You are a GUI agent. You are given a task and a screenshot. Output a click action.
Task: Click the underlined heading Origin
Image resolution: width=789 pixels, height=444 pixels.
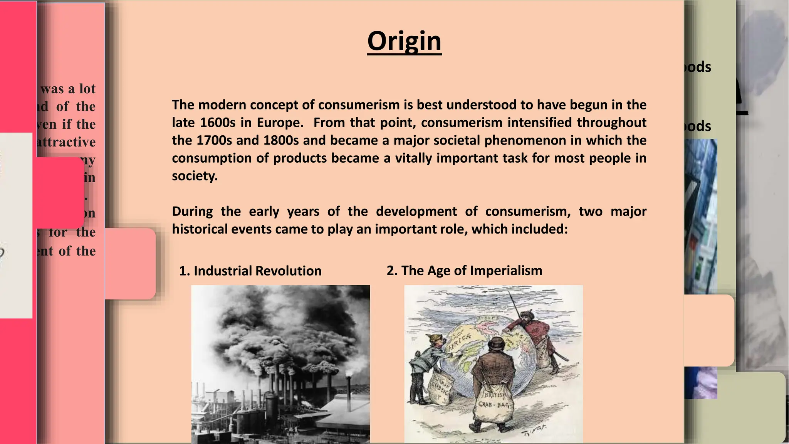tap(404, 41)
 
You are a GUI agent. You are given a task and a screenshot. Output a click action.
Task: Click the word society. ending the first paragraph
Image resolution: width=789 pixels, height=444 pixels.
tap(195, 176)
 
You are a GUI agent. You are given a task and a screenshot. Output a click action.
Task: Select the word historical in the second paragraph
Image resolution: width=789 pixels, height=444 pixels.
tap(195, 229)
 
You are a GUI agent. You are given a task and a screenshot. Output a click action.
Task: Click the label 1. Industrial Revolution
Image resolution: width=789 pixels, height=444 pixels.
tap(250, 271)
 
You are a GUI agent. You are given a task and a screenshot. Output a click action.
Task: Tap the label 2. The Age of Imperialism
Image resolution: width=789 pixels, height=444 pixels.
tap(464, 271)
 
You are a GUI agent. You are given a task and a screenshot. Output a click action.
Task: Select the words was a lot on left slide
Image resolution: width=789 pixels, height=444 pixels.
tap(68, 89)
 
